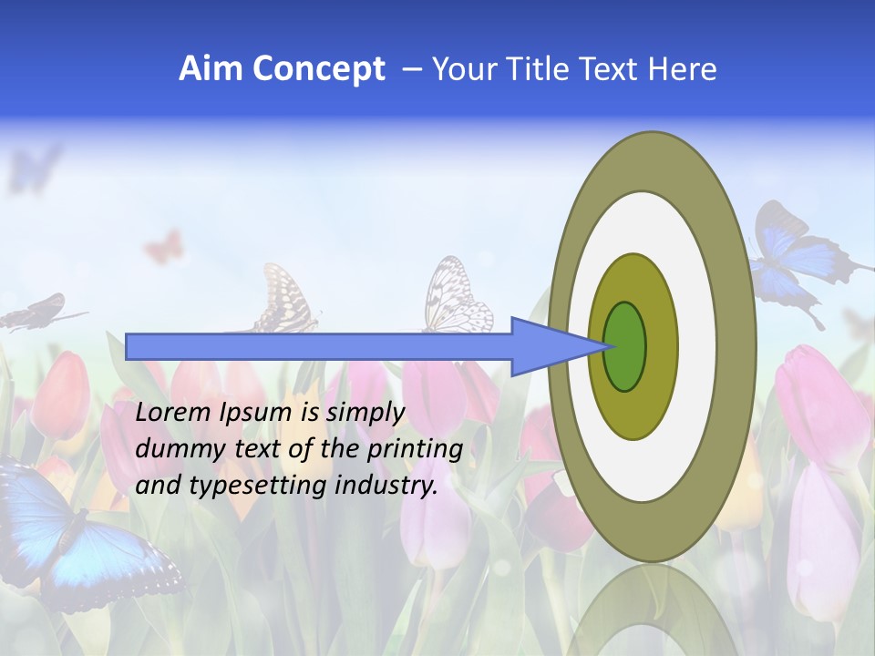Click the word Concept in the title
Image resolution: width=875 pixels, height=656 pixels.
pos(319,69)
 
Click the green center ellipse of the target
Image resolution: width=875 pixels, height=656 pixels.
pos(624,346)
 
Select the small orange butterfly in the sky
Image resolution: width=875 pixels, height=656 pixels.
pos(164,246)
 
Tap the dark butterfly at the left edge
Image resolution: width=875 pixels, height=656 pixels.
pos(36,312)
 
